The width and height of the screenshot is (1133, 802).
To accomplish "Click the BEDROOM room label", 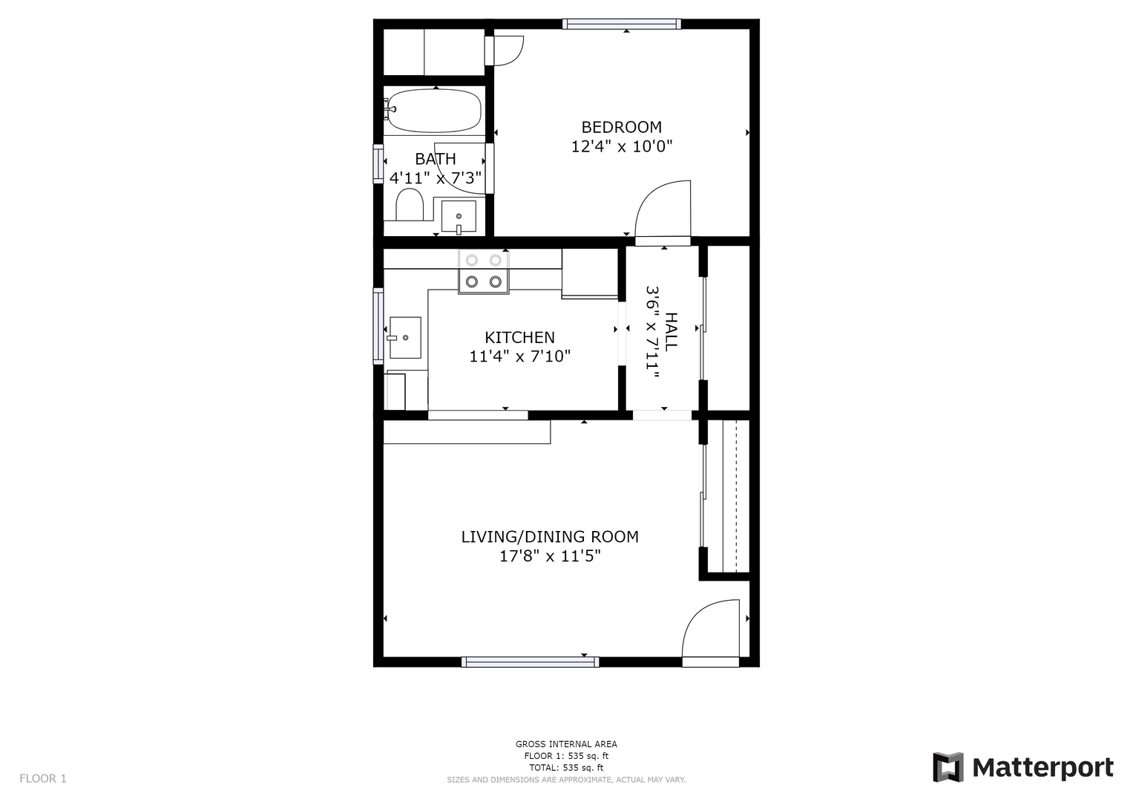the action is pyautogui.click(x=621, y=127).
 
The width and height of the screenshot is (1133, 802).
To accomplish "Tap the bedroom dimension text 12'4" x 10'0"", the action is pyautogui.click(x=621, y=147).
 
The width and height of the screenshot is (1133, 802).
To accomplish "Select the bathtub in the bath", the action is pyautogui.click(x=434, y=111).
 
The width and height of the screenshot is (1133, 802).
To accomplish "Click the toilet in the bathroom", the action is pyautogui.click(x=409, y=204).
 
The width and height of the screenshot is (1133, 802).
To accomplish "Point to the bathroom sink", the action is pyautogui.click(x=459, y=217).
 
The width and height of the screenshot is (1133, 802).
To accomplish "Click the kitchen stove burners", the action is pyautogui.click(x=484, y=271).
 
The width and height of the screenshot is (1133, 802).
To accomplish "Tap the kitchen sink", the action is pyautogui.click(x=404, y=338).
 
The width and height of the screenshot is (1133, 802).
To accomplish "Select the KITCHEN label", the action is pyautogui.click(x=519, y=337).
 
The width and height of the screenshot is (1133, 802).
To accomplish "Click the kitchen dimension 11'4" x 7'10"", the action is pyautogui.click(x=519, y=356).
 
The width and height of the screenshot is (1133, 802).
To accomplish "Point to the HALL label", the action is pyautogui.click(x=671, y=332).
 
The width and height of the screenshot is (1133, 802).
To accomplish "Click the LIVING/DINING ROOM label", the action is pyautogui.click(x=549, y=537).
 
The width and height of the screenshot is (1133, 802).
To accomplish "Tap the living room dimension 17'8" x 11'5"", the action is pyautogui.click(x=550, y=556).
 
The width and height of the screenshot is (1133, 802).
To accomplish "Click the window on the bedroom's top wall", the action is pyautogui.click(x=622, y=24).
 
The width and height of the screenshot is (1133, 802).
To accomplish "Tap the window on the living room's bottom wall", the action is pyautogui.click(x=530, y=662).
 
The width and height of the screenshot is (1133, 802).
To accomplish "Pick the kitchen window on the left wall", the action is pyautogui.click(x=378, y=326).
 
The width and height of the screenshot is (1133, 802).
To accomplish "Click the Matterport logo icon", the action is pyautogui.click(x=948, y=768).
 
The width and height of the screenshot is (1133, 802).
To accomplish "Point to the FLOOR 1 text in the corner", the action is pyautogui.click(x=43, y=779).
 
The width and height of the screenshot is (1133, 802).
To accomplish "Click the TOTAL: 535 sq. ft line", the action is pyautogui.click(x=566, y=768).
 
